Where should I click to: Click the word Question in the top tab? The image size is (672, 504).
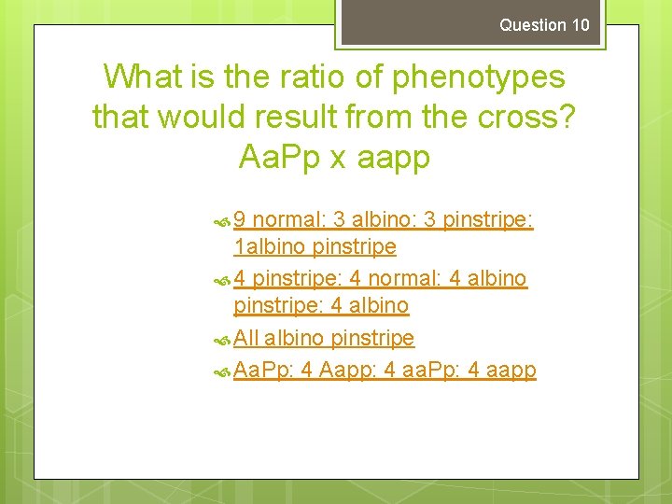532,25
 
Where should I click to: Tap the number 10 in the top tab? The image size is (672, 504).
581,25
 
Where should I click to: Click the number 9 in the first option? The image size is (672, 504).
240,220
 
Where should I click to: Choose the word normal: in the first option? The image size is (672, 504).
289,220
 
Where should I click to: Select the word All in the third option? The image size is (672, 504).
246,338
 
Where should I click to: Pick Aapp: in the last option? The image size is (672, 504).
348,370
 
